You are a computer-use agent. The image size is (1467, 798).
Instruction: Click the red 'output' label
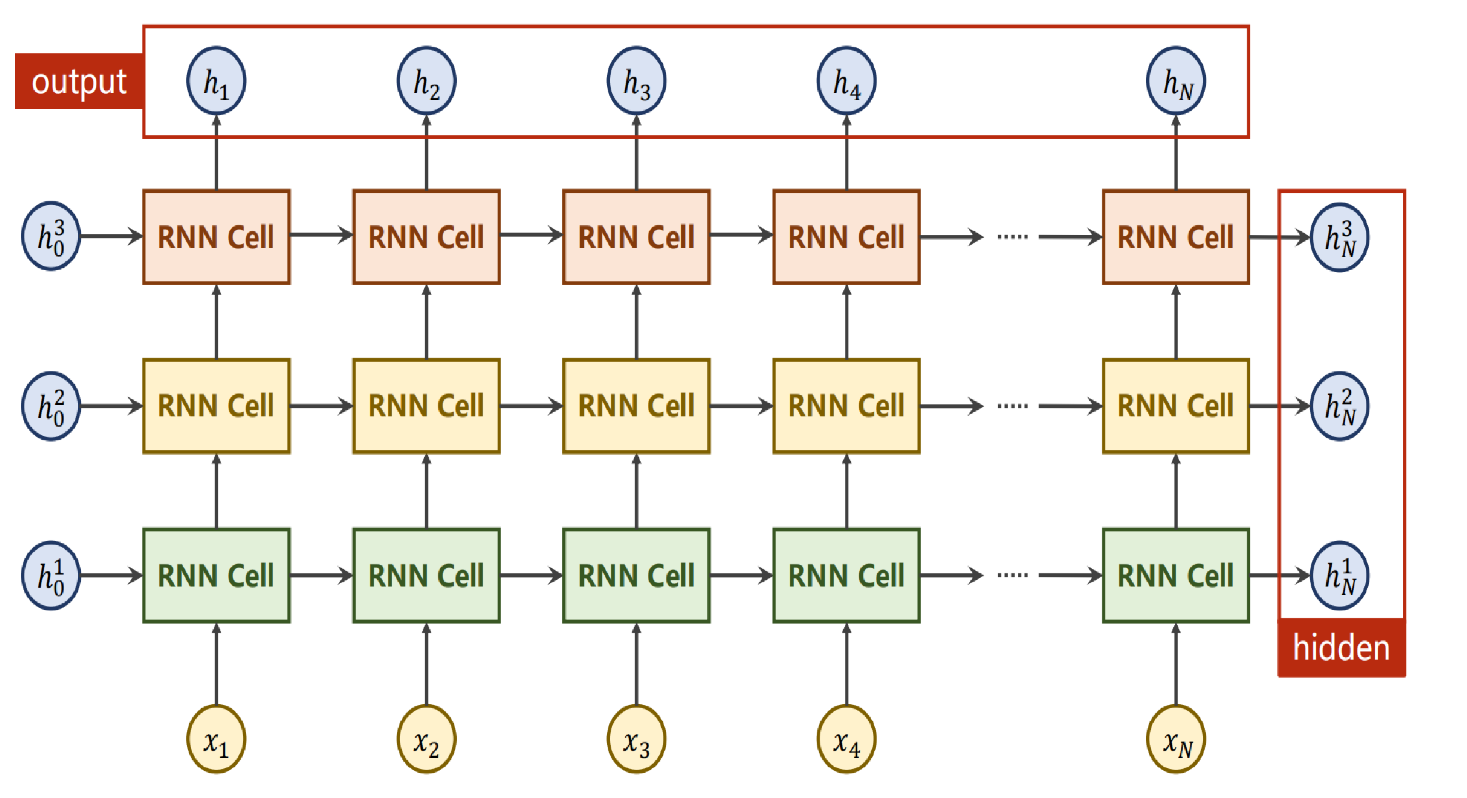79,81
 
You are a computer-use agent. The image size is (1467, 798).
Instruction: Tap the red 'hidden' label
1341,648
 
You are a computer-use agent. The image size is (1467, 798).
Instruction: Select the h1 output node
216,81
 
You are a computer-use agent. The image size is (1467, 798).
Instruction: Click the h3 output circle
636,81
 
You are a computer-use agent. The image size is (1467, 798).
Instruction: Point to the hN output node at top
1176,81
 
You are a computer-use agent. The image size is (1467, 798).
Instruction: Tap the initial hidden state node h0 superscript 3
51,236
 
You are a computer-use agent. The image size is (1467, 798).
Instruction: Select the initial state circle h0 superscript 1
51,576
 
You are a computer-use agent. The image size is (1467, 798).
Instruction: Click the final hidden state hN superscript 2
1340,406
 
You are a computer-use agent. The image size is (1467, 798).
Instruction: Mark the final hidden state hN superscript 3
1340,237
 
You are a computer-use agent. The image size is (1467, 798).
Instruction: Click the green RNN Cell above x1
216,576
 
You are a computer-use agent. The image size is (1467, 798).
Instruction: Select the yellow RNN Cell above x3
636,406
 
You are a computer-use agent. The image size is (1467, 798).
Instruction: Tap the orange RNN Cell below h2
426,237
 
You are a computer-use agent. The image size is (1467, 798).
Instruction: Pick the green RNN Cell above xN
1176,576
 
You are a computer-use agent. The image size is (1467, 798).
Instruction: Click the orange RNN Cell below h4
846,237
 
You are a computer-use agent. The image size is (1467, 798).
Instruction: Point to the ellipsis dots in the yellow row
1013,406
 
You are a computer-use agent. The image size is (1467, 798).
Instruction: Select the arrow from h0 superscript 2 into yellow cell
111,406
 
